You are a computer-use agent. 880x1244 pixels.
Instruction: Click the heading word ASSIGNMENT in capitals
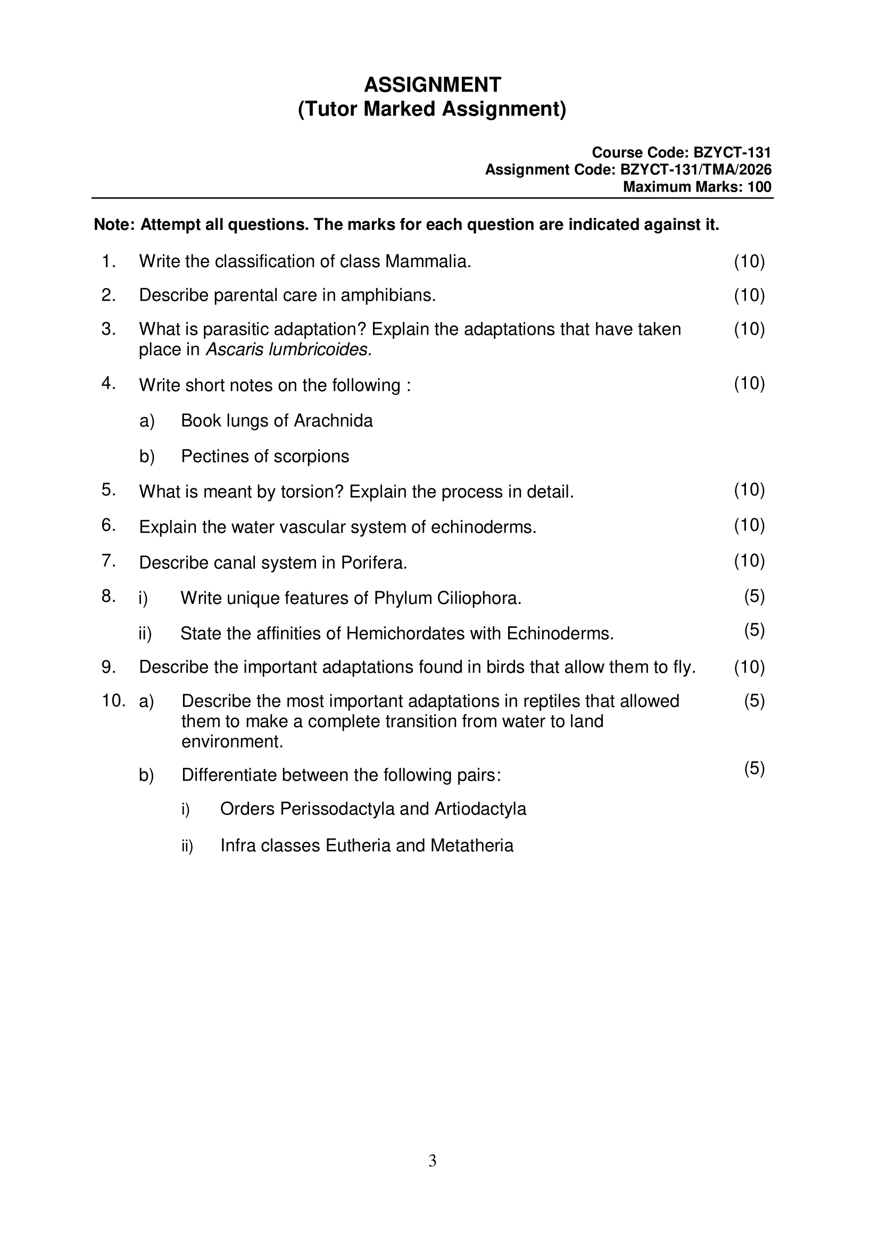coord(433,85)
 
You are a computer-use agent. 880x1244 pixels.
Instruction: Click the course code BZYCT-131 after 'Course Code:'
coord(732,153)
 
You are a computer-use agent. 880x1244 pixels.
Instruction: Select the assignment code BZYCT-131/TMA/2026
coord(696,170)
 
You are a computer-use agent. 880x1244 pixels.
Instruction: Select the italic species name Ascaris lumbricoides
coord(289,350)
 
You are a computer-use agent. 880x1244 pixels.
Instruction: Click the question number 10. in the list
coord(113,701)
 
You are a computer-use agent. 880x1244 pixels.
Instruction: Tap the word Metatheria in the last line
coord(472,846)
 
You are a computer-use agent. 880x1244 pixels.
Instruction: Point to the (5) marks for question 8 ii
coord(754,630)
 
